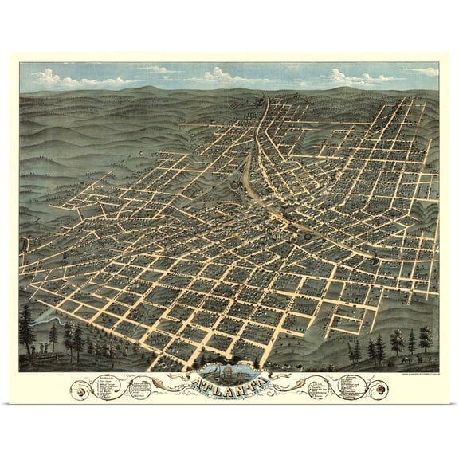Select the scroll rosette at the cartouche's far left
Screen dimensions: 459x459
point(80,390)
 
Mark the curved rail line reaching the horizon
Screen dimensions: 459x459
point(261,120)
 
